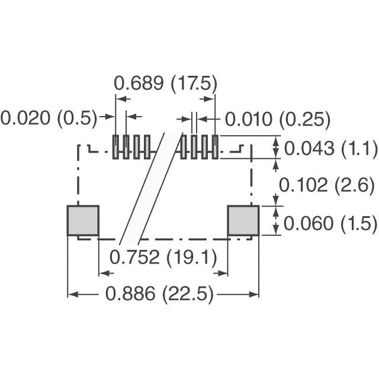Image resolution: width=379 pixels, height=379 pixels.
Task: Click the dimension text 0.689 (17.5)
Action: [x=166, y=84]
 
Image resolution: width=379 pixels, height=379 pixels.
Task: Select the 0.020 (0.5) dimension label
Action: [x=49, y=118]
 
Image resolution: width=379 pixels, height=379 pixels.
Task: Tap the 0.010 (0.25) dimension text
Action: [x=278, y=119]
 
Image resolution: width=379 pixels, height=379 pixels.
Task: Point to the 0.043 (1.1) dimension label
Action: [x=330, y=148]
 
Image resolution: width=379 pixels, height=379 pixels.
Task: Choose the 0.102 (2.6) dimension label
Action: [x=327, y=185]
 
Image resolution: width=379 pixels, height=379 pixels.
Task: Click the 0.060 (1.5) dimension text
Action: [x=330, y=223]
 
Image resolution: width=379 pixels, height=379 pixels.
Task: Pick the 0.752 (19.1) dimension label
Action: [x=163, y=257]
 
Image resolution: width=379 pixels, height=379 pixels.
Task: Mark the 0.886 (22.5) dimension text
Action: [x=159, y=294]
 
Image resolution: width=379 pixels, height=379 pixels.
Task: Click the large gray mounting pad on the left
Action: [x=83, y=220]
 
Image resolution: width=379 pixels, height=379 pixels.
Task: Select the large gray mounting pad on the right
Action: [x=243, y=220]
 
